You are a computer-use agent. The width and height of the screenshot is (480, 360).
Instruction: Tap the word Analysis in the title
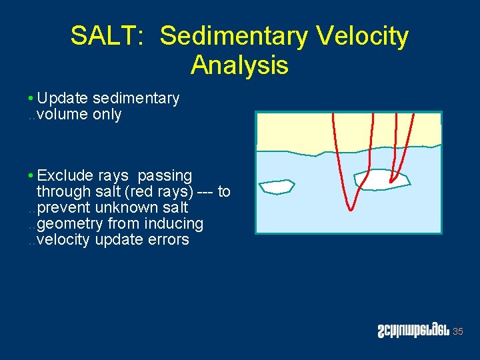point(239,65)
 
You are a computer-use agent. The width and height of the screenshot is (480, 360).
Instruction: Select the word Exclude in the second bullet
point(65,176)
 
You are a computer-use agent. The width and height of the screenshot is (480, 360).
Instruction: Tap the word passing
point(165,176)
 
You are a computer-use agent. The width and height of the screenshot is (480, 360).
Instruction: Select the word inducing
point(177,224)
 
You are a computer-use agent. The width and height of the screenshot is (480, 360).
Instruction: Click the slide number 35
point(457,332)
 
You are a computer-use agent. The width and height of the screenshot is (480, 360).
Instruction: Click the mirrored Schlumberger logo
point(412,331)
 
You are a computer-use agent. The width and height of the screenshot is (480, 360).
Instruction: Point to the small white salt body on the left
point(277,187)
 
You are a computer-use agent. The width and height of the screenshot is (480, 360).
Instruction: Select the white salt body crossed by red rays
point(381,179)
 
